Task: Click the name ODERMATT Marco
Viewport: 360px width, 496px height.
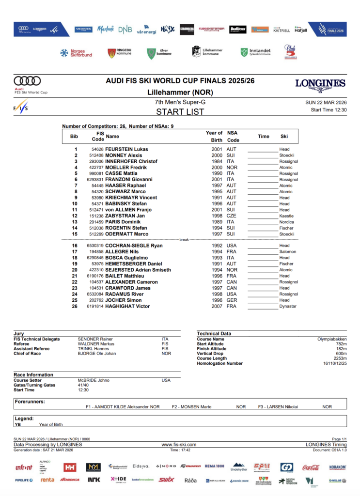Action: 127,234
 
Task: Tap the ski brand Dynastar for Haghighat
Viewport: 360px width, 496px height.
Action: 288,306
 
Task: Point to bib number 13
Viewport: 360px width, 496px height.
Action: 75,222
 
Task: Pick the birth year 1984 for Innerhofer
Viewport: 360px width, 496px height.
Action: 217,161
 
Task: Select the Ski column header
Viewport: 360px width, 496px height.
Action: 284,136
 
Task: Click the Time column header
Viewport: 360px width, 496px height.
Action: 264,136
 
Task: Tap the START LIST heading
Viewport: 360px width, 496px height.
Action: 180,112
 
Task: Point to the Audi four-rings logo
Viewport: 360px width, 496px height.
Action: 27,81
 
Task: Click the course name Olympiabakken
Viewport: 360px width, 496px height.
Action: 332,339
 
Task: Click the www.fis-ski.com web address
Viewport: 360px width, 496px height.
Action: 179,444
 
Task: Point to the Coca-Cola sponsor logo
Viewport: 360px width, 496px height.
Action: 311,467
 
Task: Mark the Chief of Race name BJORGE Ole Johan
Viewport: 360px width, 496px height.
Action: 97,354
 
